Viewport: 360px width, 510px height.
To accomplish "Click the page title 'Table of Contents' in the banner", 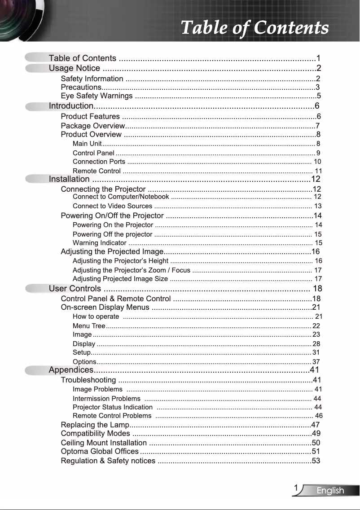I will (255, 28).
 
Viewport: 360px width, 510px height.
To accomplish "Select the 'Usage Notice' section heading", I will (75, 68).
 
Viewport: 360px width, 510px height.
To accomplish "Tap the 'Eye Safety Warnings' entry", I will (97, 96).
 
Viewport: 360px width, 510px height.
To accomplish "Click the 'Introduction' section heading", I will (70, 106).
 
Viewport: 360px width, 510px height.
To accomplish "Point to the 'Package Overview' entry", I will (92, 125).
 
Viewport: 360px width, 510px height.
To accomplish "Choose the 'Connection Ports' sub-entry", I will (99, 162).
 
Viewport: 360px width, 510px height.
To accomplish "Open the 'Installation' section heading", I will (69, 180).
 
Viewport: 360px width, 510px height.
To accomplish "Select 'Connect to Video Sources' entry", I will (112, 206).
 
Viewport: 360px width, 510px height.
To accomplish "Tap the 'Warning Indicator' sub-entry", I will (99, 243).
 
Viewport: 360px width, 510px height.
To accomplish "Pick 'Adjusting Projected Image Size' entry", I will (120, 279).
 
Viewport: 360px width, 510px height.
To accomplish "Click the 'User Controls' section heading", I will (75, 289).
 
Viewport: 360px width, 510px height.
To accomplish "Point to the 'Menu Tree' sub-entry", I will (89, 325).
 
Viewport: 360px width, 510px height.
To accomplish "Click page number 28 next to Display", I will (316, 344).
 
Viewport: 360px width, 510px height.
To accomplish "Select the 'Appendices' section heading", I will (71, 370).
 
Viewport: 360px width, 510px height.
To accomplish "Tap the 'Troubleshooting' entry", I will (88, 380).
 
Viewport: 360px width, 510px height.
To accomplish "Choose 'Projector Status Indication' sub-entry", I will (112, 407).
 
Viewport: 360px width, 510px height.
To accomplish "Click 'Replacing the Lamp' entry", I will (95, 425).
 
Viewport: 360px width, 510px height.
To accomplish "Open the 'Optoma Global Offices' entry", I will (100, 451).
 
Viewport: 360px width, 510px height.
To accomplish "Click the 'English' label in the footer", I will (330, 491).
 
